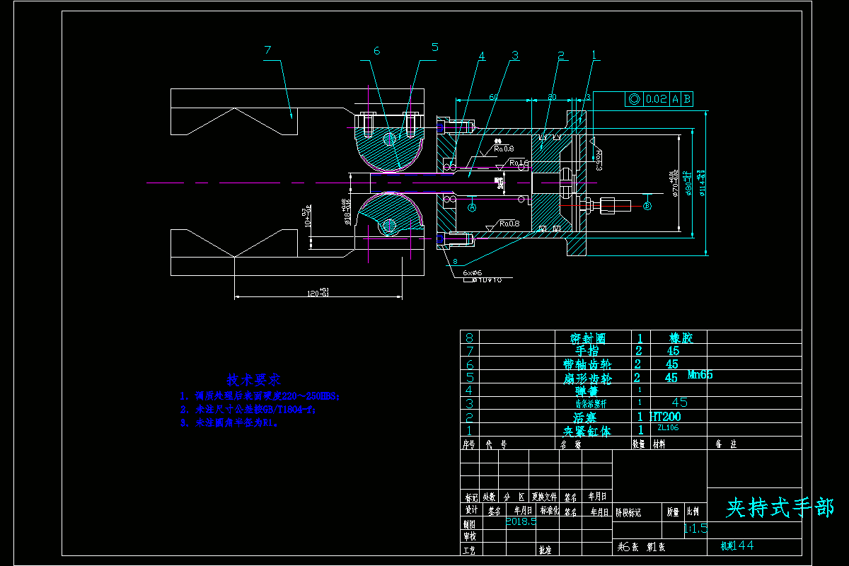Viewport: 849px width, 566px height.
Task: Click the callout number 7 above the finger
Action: pyautogui.click(x=267, y=50)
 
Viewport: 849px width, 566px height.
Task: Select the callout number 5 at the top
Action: pyautogui.click(x=434, y=47)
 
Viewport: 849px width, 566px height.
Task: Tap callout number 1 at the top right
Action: pyautogui.click(x=594, y=54)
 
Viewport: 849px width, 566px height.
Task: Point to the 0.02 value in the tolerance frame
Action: pyautogui.click(x=657, y=99)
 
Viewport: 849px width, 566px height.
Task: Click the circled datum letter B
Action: pyautogui.click(x=647, y=207)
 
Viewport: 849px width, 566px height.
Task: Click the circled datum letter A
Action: pyautogui.click(x=473, y=207)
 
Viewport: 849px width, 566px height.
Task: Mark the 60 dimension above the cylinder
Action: pyautogui.click(x=493, y=96)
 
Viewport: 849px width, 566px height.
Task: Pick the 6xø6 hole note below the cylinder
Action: pyautogui.click(x=472, y=272)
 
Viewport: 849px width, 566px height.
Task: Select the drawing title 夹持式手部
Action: pyautogui.click(x=780, y=507)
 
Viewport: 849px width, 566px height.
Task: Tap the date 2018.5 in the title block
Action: pyautogui.click(x=521, y=521)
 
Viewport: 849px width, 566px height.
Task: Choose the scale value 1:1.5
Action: pyautogui.click(x=695, y=528)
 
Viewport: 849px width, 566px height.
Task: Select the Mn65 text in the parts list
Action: pyautogui.click(x=700, y=375)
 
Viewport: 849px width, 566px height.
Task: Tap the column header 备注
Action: pyautogui.click(x=727, y=444)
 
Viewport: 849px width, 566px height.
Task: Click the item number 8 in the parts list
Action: pyautogui.click(x=468, y=337)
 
